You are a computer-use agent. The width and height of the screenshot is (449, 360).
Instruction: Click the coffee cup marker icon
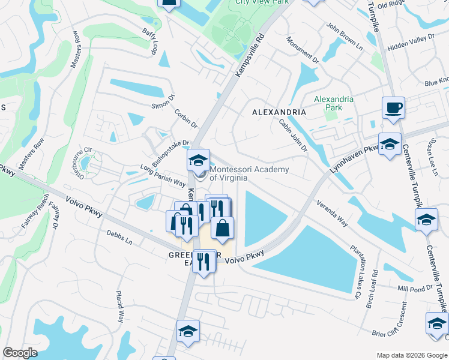393,108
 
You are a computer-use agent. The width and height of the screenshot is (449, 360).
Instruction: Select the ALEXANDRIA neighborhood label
279,112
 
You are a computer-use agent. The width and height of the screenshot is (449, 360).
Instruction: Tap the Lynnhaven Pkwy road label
354,158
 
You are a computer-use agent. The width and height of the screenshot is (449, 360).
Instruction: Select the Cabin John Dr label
293,135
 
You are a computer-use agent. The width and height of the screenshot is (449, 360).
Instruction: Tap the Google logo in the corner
20,353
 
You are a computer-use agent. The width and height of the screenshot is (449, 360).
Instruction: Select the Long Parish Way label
163,175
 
